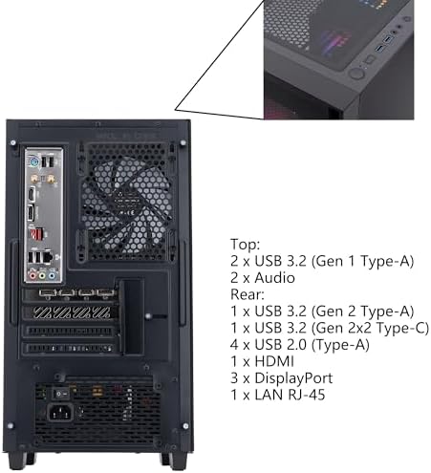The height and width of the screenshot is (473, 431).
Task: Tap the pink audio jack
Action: pyautogui.click(x=32, y=274)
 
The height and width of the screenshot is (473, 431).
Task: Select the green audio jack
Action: pyautogui.click(x=42, y=274)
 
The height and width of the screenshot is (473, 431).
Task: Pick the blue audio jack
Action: pyautogui.click(x=52, y=274)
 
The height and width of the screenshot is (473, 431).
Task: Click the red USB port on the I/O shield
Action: pyautogui.click(x=36, y=235)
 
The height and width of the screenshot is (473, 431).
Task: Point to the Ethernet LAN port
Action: pyautogui.click(x=48, y=256)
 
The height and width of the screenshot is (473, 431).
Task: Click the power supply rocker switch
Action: pyautogui.click(x=60, y=394)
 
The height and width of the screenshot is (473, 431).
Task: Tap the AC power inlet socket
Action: pyautogui.click(x=60, y=413)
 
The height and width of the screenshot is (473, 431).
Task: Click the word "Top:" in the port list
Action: pyautogui.click(x=245, y=245)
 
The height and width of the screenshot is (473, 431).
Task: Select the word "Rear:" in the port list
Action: pyautogui.click(x=248, y=294)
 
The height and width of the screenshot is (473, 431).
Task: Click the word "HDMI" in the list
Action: pyautogui.click(x=274, y=361)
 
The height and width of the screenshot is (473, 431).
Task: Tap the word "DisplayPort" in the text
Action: pyautogui.click(x=293, y=378)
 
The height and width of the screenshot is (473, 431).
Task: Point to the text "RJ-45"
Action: pyautogui.click(x=307, y=395)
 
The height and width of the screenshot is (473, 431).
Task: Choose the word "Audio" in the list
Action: pyautogui.click(x=274, y=278)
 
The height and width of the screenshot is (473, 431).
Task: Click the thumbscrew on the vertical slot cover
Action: pyautogui.click(x=148, y=316)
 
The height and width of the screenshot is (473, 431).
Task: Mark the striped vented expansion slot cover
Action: pyautogui.click(x=72, y=312)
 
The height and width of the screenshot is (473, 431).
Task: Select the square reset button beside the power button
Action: pyautogui.click(x=370, y=59)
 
